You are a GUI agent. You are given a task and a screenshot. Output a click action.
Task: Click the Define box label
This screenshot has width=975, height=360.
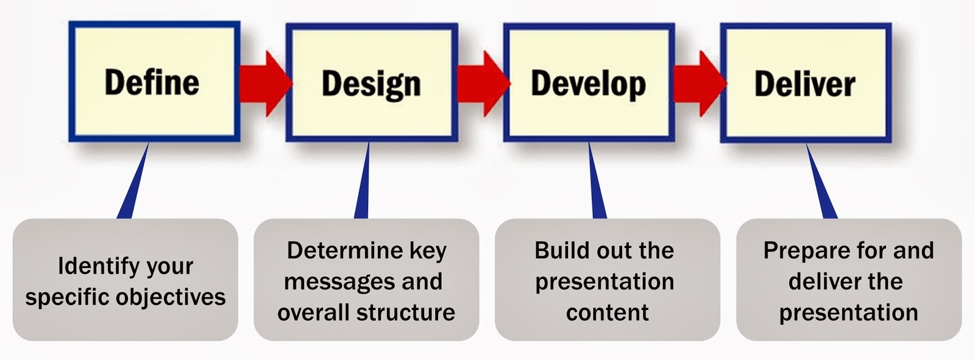click(x=152, y=82)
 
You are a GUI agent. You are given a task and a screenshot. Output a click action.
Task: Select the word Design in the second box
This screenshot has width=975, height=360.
click(x=371, y=84)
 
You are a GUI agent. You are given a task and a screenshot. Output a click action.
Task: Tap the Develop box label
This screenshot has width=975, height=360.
click(x=588, y=84)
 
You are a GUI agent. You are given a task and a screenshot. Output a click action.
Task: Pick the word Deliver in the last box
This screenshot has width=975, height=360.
click(x=804, y=84)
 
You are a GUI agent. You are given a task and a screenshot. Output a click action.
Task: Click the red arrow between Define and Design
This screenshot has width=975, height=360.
click(x=263, y=84)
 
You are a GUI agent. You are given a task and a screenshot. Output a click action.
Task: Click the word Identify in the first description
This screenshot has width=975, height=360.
click(x=89, y=266)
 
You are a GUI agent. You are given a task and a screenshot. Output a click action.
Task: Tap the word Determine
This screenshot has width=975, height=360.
click(x=344, y=250)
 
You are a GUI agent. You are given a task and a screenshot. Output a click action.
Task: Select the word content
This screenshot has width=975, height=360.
click(x=607, y=312)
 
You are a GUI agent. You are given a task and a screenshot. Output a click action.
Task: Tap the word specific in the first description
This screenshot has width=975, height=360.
click(x=67, y=297)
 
